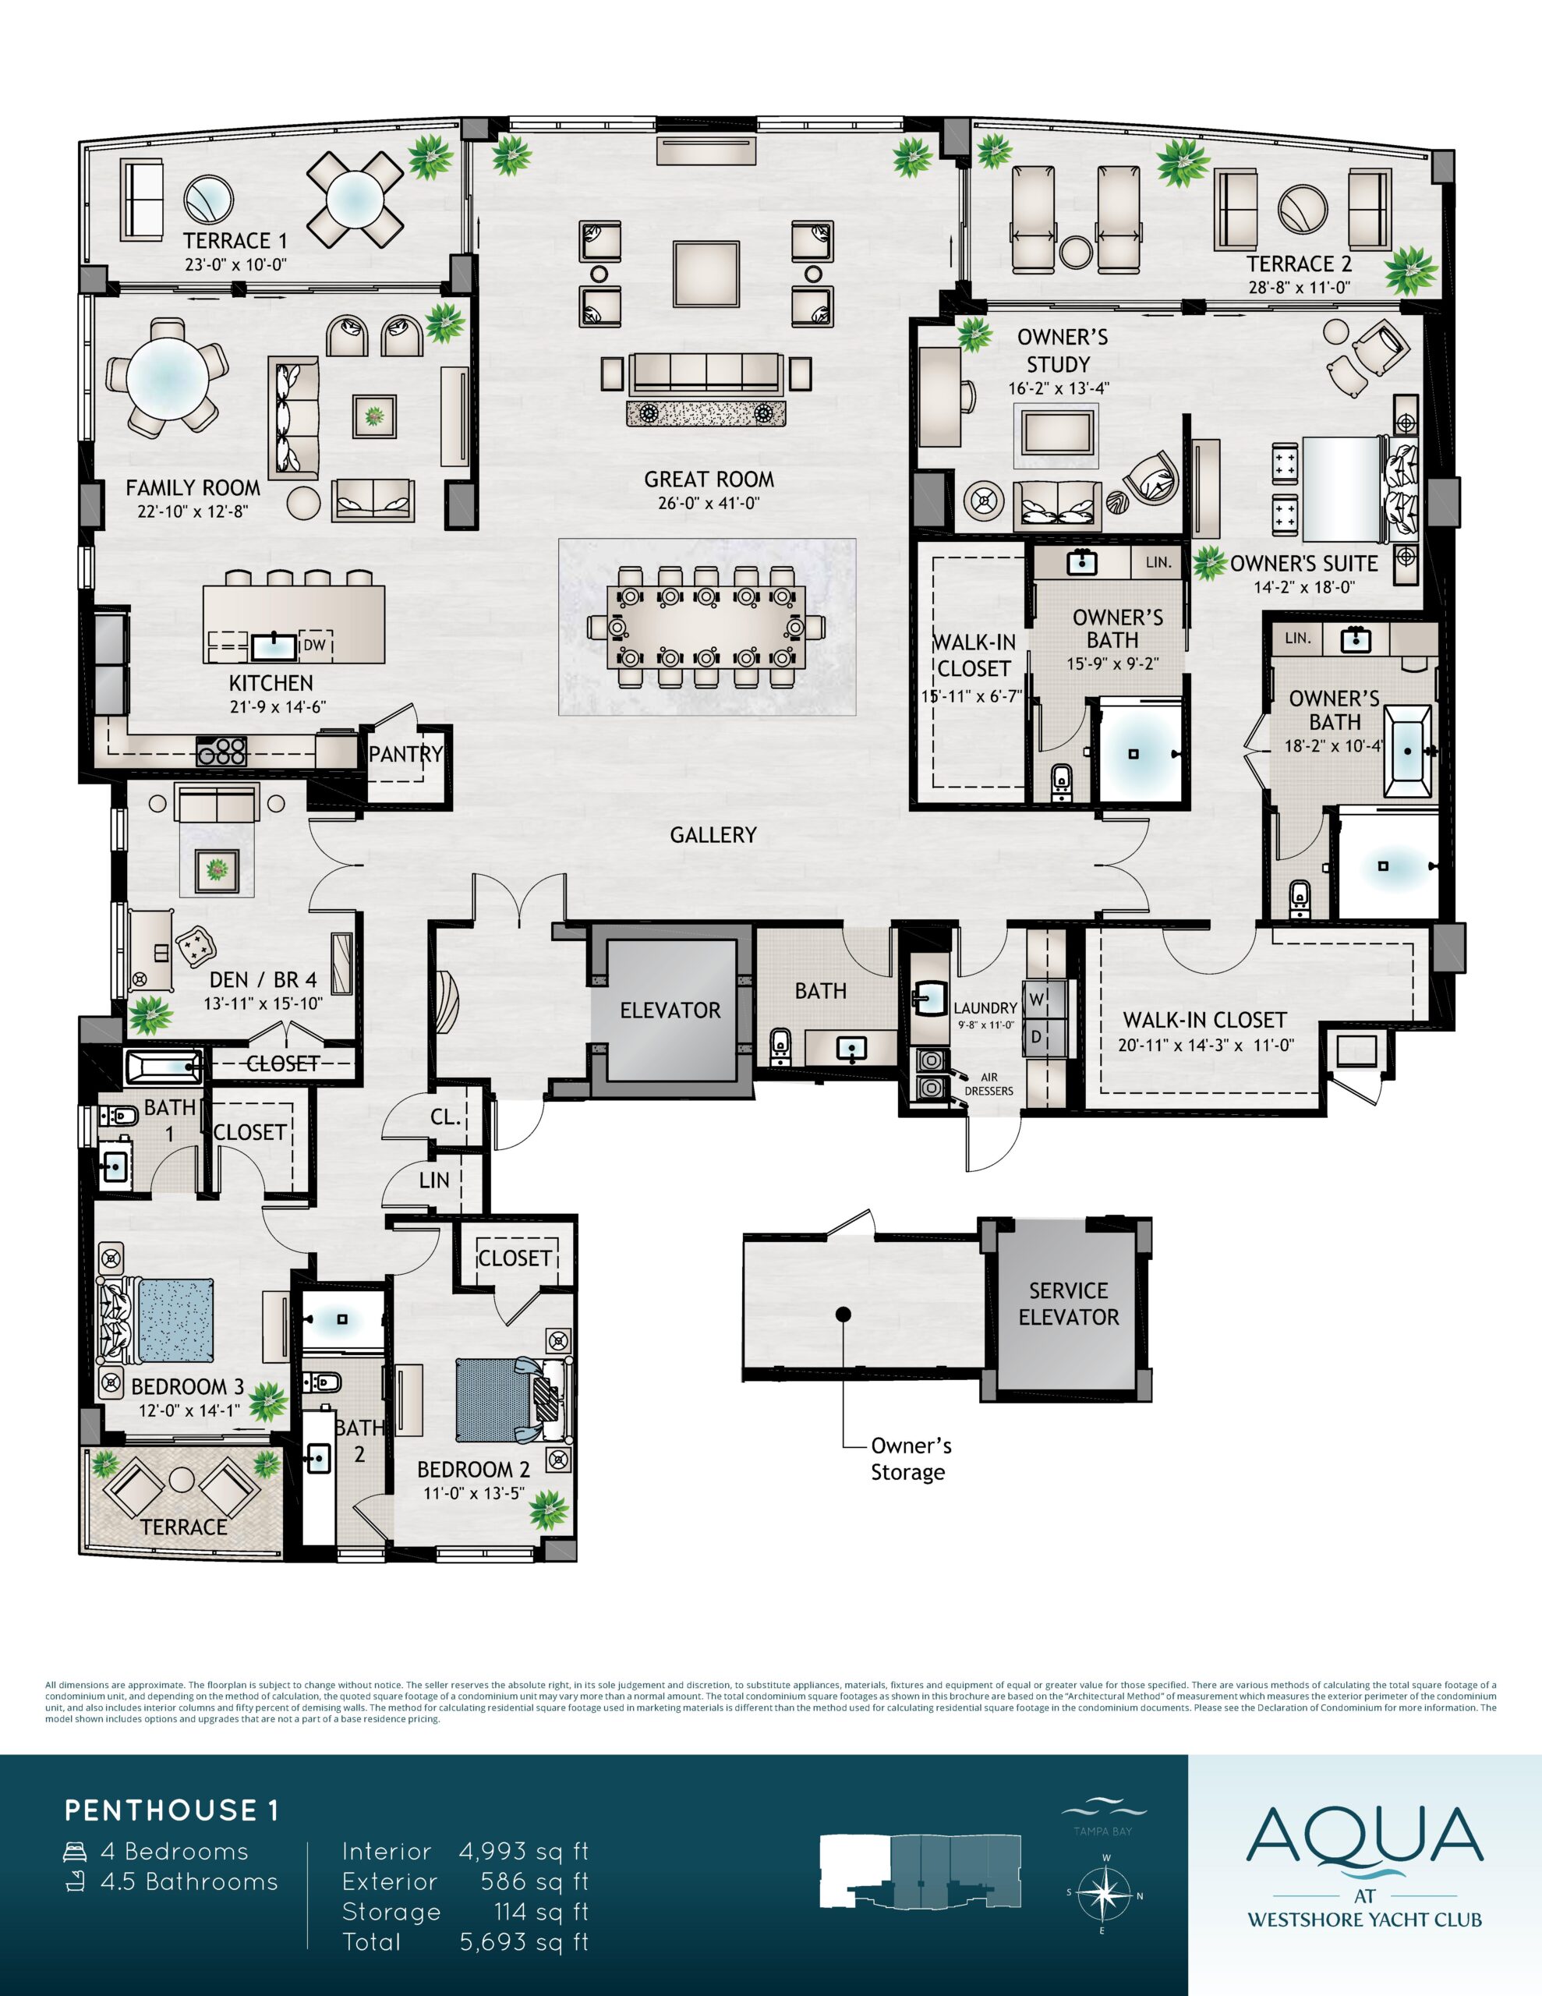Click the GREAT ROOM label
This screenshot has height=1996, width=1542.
tap(709, 479)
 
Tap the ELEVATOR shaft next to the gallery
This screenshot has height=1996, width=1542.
tap(670, 1010)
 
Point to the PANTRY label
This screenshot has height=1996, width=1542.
tap(406, 754)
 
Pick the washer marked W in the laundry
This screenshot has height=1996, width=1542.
tap(1037, 1000)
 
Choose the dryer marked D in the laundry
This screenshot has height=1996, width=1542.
tap(1037, 1036)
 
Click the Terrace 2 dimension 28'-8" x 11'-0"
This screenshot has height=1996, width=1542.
tap(1299, 288)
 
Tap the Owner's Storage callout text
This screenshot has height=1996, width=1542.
tap(911, 1459)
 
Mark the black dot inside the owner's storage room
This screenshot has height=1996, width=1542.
tap(843, 1315)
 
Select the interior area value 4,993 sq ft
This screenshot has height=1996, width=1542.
tap(524, 1851)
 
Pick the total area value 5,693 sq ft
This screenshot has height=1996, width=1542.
tap(524, 1941)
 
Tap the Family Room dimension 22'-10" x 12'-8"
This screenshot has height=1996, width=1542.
tap(193, 511)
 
